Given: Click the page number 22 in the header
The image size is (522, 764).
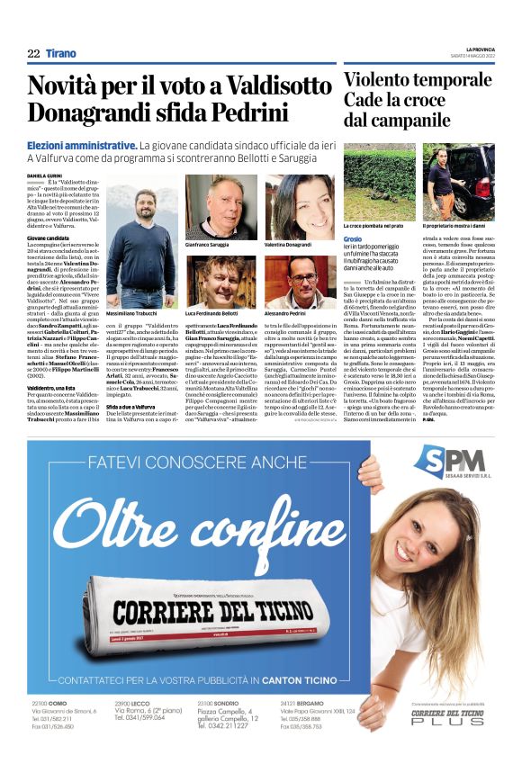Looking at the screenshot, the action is click(33, 54).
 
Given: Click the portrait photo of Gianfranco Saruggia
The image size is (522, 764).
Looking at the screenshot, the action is click(220, 207).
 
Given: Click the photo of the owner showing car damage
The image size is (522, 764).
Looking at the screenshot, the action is click(458, 184).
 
